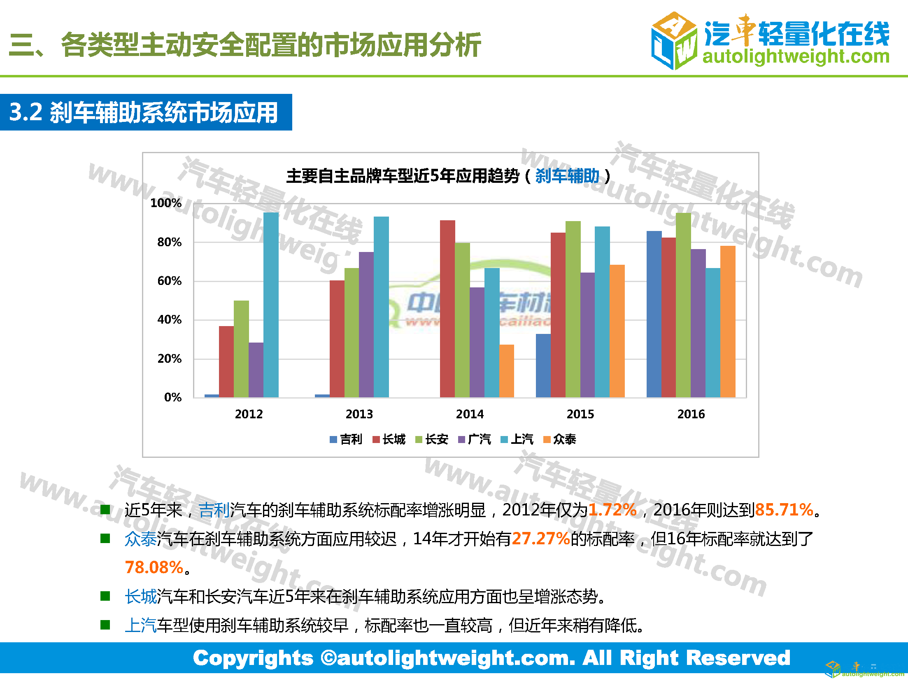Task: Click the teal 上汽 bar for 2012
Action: coord(271,305)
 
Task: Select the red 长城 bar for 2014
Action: coord(447,309)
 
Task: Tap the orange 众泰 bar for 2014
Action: coord(507,371)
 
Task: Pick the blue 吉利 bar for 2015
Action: coord(543,366)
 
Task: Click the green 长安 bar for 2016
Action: coord(683,305)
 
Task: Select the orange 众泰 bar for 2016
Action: coord(728,321)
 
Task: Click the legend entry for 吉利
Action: coord(346,439)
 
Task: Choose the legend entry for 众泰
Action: coord(560,439)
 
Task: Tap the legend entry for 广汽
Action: coord(475,439)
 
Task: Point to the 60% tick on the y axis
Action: coord(170,281)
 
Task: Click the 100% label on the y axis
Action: coord(166,203)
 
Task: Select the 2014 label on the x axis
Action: coord(470,414)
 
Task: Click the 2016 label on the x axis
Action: coord(691,414)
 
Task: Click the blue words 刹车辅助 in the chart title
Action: coord(567,176)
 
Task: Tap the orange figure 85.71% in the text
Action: coord(784,510)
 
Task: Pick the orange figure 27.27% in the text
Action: coord(541,539)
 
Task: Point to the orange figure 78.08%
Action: coord(154,567)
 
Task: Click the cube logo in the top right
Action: coord(674,40)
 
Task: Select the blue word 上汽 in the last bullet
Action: coord(141,625)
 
